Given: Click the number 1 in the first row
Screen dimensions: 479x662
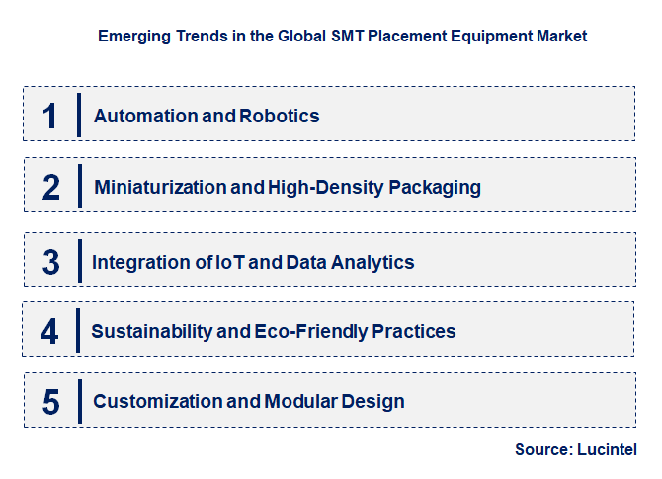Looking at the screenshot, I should [x=50, y=116].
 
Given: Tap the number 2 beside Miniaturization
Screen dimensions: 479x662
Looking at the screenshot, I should [x=51, y=187].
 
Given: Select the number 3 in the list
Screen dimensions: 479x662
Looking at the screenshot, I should [x=51, y=263].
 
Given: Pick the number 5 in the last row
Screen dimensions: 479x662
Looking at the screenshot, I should [x=51, y=402].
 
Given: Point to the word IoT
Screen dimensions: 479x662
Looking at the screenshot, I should [x=229, y=263].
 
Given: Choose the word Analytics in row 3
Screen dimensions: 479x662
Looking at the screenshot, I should [x=375, y=263].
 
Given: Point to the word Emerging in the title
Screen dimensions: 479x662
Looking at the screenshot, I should [x=132, y=36].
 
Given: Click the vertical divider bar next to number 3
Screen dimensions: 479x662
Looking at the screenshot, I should [x=77, y=261].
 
